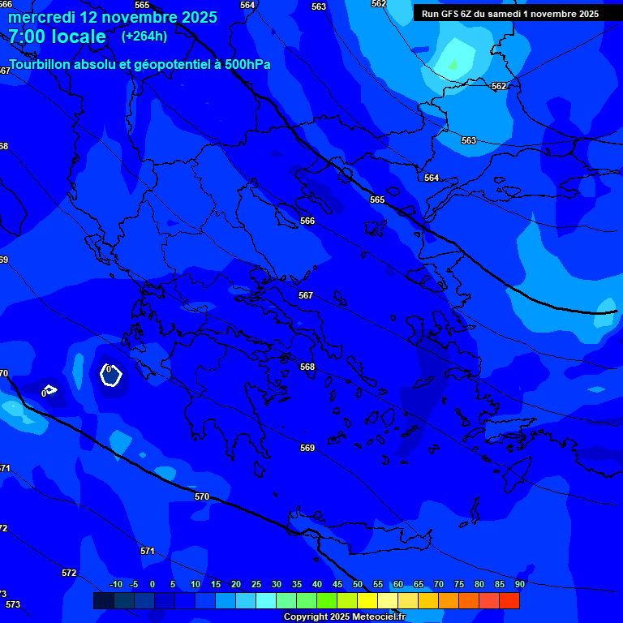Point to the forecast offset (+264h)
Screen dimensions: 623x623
(x=144, y=37)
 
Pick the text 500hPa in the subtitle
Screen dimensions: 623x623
(x=247, y=64)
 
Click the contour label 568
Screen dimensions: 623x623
(x=307, y=367)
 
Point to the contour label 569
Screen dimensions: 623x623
(x=307, y=448)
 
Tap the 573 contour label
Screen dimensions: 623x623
(x=13, y=604)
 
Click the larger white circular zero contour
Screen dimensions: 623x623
(x=110, y=374)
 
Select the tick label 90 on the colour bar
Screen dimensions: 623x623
(x=519, y=585)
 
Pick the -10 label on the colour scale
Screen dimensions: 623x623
(x=116, y=585)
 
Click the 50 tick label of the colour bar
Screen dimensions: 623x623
(x=358, y=585)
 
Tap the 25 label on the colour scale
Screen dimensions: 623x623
(x=256, y=585)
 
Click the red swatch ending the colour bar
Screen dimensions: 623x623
(x=509, y=600)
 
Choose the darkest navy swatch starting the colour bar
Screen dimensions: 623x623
(x=103, y=600)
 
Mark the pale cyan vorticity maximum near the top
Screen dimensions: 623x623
(x=453, y=63)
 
